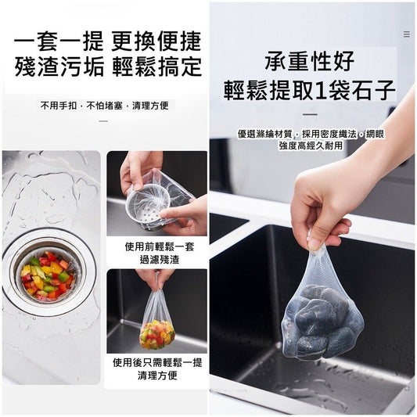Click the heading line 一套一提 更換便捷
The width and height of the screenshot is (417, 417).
[107, 41]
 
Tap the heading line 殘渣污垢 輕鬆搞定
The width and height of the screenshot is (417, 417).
[108, 67]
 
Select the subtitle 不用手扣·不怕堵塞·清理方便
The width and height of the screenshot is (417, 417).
[105, 106]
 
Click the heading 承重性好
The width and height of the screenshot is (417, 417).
[310, 61]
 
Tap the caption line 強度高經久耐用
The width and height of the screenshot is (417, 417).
[311, 146]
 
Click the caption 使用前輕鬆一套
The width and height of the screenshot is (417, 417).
[160, 246]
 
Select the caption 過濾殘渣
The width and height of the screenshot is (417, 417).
[160, 260]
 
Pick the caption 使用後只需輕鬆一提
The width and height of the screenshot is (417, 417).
[157, 362]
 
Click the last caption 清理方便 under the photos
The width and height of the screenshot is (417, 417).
[157, 376]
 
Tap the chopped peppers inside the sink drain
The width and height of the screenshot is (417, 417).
[47, 275]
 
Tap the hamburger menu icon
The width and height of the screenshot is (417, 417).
[407, 34]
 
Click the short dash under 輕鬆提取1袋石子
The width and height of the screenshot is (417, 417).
[311, 115]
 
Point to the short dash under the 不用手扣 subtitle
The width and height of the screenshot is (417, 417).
[104, 121]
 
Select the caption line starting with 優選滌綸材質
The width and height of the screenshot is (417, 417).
[311, 134]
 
